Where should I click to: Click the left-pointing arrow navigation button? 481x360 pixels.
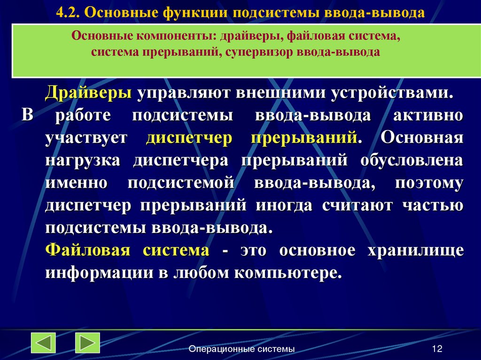[x=44, y=343]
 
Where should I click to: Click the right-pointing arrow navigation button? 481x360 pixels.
[x=87, y=343]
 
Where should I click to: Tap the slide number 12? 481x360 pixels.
[x=437, y=349]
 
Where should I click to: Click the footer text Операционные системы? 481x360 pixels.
[x=242, y=349]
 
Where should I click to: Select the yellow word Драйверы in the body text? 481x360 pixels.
[x=88, y=93]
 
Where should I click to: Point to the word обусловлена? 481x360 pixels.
[x=412, y=161]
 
